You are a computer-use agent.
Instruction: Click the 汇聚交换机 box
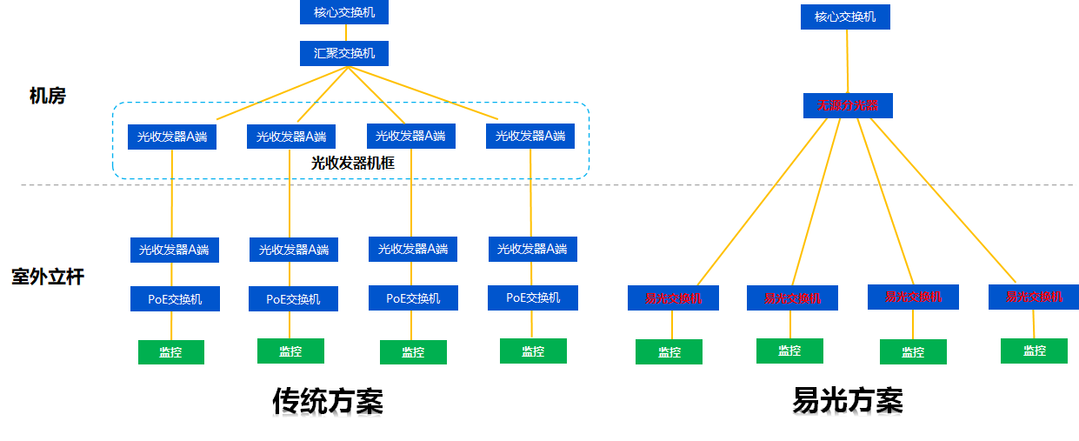coord(344,54)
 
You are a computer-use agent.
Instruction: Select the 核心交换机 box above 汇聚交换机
coord(344,12)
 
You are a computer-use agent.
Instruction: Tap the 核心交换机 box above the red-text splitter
coord(845,17)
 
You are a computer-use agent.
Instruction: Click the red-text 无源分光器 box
coord(848,106)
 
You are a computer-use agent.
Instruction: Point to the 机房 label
coord(47,97)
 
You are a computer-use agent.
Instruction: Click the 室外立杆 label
coord(48,277)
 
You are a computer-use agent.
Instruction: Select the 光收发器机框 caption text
coord(353,162)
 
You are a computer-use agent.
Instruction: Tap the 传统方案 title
coord(328,401)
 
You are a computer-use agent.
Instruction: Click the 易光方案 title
coord(848,401)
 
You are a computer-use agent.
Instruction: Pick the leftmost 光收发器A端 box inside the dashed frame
coord(172,137)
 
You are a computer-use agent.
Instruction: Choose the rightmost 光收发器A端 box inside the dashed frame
coord(530,136)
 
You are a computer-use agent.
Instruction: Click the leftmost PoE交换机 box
coord(175,299)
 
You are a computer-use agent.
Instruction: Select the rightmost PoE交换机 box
coord(532,297)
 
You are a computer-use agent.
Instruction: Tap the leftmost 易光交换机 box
coord(673,298)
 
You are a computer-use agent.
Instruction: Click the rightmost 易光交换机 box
coord(1034,297)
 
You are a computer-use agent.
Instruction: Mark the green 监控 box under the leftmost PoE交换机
coord(171,352)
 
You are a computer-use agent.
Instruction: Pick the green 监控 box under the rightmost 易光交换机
coord(1034,351)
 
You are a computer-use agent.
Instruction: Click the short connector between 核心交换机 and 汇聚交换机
coord(344,33)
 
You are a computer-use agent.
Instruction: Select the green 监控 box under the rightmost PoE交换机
coord(533,351)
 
